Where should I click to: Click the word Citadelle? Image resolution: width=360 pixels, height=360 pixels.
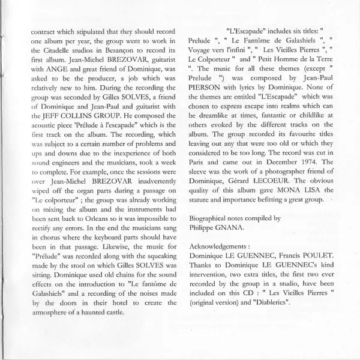[x=63, y=58]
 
